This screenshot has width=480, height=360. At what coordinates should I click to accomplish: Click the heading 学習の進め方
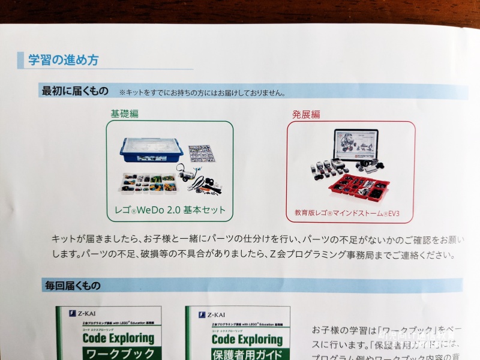64,60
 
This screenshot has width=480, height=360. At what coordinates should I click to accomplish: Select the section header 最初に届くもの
75,91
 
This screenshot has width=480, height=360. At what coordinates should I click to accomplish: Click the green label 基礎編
124,113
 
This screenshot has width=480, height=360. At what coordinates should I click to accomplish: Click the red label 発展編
306,113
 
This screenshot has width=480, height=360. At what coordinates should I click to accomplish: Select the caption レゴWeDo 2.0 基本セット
170,210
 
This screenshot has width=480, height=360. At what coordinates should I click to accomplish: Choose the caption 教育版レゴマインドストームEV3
350,212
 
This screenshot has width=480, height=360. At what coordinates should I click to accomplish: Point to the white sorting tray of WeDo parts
147,183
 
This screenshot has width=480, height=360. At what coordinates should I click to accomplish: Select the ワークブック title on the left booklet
118,353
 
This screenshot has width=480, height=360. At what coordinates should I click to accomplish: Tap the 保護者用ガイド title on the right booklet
247,353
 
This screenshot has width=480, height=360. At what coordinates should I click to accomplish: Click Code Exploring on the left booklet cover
118,338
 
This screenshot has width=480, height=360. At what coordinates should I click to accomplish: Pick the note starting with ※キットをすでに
202,92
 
